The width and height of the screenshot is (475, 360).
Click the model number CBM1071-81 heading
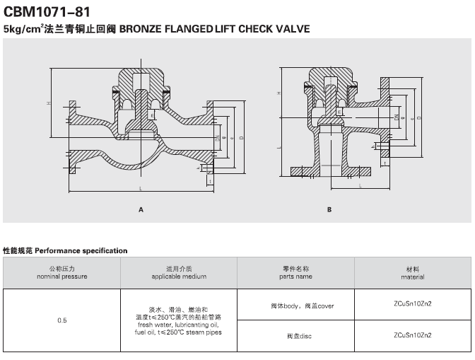(x=47, y=12)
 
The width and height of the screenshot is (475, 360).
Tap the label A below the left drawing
(x=141, y=209)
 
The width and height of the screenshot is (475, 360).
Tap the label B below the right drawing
(x=329, y=209)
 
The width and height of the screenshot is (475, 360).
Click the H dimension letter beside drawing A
(x=49, y=104)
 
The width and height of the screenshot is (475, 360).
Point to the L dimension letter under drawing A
(x=141, y=189)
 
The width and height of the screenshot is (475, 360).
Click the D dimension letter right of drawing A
(x=242, y=138)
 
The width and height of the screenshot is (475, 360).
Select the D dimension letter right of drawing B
(x=420, y=116)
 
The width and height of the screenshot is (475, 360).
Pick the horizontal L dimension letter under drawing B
(x=360, y=186)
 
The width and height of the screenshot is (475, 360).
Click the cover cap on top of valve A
(x=141, y=74)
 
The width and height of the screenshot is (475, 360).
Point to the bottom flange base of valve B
(x=329, y=170)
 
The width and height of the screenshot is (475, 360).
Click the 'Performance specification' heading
(x=65, y=250)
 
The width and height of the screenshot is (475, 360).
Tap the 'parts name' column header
(x=295, y=277)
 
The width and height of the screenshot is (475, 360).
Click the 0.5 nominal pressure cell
(x=61, y=320)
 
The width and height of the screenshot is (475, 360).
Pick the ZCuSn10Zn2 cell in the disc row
(x=412, y=335)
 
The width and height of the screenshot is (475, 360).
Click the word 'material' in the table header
(x=412, y=277)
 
